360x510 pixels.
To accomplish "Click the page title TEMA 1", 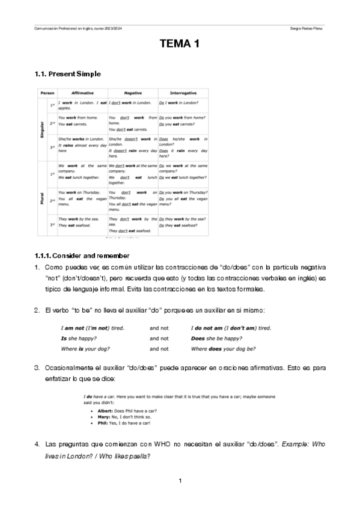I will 180,43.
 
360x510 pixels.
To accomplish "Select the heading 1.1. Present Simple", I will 68,74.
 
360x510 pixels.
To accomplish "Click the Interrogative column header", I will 183,93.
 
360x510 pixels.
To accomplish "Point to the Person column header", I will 47,93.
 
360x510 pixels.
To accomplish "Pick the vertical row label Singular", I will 43,130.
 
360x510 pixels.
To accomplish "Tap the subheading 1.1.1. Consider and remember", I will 82,256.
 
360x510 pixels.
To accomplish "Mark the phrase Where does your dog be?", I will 223,348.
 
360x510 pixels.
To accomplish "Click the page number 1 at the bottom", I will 180,482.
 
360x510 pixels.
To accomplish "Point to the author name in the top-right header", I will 306,28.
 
